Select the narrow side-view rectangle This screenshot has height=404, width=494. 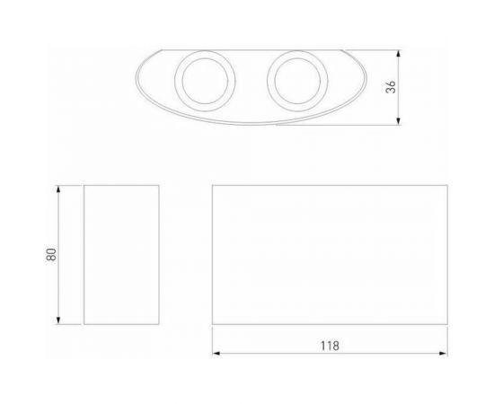[x=121, y=255]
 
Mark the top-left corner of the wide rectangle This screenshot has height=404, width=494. [x=213, y=186]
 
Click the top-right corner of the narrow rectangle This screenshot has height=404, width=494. [x=159, y=186]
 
